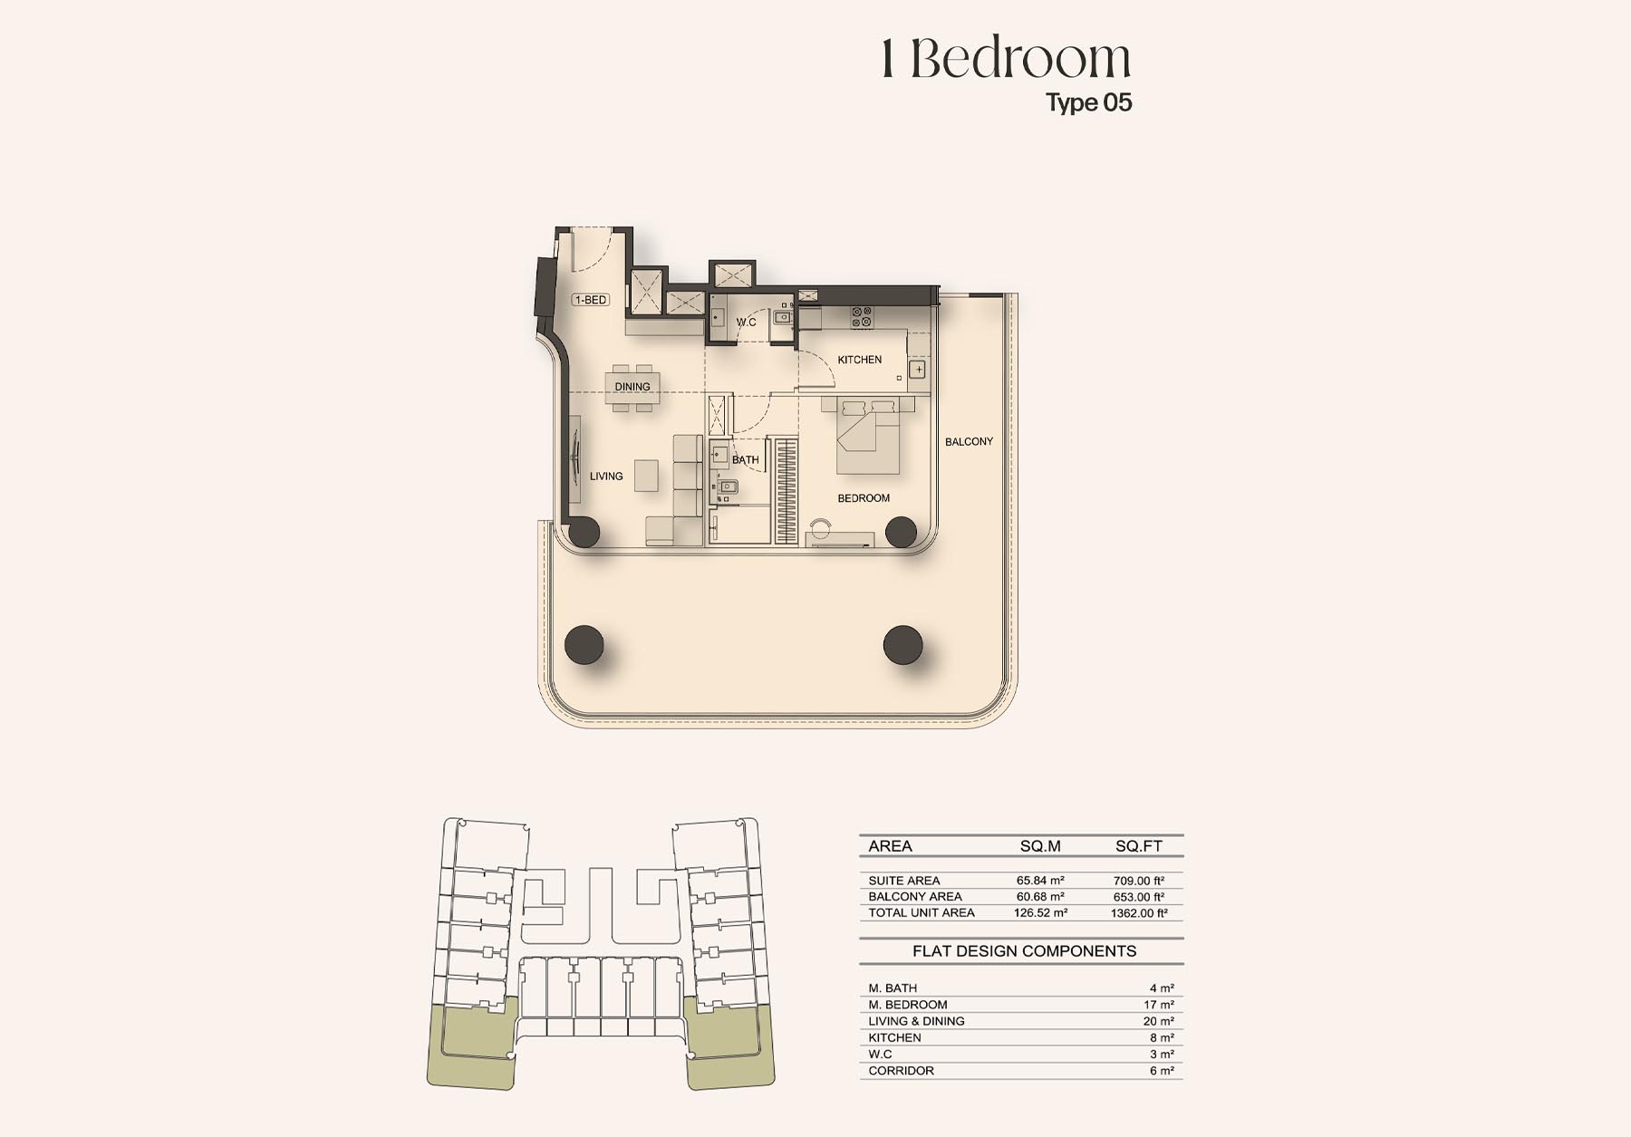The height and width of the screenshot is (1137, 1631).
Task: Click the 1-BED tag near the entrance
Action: (590, 300)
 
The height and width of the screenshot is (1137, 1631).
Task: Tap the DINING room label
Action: (632, 387)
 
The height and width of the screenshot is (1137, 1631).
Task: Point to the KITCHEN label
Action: (859, 360)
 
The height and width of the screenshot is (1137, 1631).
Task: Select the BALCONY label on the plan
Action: (969, 442)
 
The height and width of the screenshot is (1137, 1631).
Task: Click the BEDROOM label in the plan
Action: (864, 498)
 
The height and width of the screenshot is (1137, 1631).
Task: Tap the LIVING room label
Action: (606, 477)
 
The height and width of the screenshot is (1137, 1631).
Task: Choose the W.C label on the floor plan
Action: (746, 323)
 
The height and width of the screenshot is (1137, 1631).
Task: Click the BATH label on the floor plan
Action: (746, 460)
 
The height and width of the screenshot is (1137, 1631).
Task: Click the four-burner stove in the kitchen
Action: (862, 317)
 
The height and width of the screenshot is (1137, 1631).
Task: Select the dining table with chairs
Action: (632, 388)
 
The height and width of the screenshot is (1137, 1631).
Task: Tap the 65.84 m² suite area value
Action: (1040, 881)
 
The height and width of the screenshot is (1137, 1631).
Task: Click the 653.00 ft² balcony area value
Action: (1139, 897)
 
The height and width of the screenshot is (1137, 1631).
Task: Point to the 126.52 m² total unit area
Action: (1040, 913)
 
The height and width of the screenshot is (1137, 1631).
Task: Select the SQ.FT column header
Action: (1139, 846)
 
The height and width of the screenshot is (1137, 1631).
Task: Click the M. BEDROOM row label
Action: (908, 1005)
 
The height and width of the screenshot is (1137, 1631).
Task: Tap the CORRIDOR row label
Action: (901, 1071)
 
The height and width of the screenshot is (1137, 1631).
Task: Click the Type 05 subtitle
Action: (1089, 102)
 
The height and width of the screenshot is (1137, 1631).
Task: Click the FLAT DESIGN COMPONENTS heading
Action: (1024, 951)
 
